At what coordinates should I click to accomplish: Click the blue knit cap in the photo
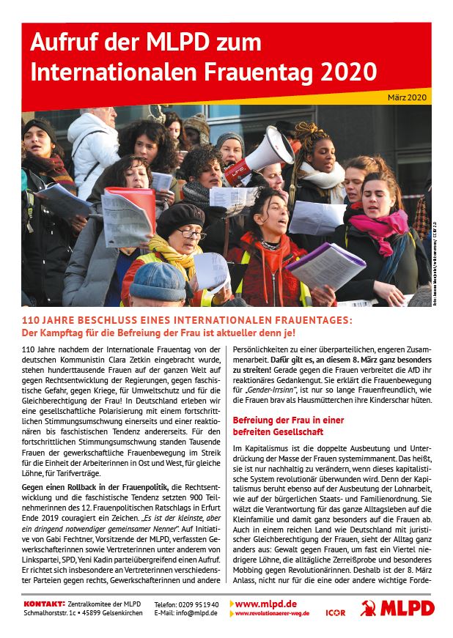[x=158, y=281]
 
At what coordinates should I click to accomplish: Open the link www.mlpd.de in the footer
[x=265, y=603]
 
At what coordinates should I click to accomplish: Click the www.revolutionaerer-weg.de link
[x=271, y=613]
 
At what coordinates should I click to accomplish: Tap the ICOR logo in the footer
[x=334, y=607]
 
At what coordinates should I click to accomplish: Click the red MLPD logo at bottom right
[x=397, y=607]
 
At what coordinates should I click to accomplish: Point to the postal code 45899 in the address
[x=81, y=613]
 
